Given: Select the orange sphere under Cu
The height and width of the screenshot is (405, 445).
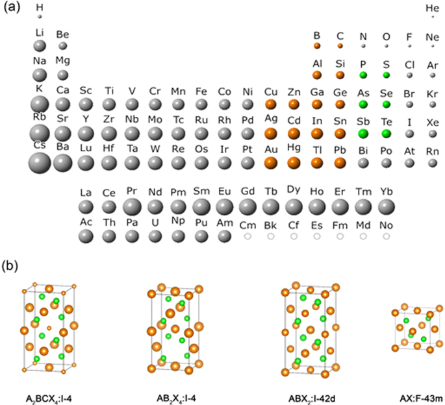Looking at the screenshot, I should [271, 104].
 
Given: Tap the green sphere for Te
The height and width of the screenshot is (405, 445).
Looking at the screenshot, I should [386, 134].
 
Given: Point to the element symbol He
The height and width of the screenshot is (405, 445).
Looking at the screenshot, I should [432, 8].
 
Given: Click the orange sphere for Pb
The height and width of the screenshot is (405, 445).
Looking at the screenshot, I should [340, 162].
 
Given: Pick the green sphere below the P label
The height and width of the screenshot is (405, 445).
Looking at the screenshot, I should [363, 75].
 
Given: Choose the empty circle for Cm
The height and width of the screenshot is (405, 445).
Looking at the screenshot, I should [248, 237].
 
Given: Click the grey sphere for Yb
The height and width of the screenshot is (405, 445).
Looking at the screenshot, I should [387, 207].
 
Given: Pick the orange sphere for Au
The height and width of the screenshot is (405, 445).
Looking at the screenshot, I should [271, 162].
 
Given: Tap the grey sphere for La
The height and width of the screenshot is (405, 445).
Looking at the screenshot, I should [86, 207].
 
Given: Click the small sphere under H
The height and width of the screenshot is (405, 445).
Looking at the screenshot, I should [40, 16].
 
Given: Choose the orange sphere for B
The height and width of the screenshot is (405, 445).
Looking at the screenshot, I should [317, 46].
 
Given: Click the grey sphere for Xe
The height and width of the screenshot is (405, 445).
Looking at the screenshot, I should [433, 134].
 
